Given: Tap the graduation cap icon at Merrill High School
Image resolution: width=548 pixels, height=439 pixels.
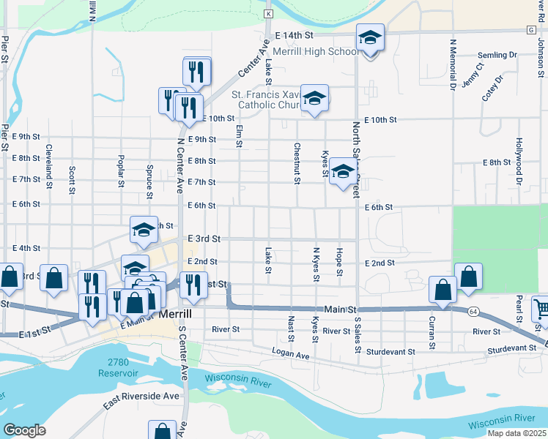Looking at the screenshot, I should click(371, 38).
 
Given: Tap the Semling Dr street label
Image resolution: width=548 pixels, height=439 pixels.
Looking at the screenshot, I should click(497, 55).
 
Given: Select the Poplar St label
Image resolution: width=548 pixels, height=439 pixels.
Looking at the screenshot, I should click(121, 171).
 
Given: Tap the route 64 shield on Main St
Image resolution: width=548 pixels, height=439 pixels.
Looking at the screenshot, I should click(474, 312).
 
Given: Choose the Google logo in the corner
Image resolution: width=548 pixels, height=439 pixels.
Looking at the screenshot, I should click(24, 429).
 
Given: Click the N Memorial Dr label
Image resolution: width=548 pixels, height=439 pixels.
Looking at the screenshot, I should click(453, 65).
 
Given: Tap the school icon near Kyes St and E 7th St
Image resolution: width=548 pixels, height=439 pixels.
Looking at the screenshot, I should click(341, 173).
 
